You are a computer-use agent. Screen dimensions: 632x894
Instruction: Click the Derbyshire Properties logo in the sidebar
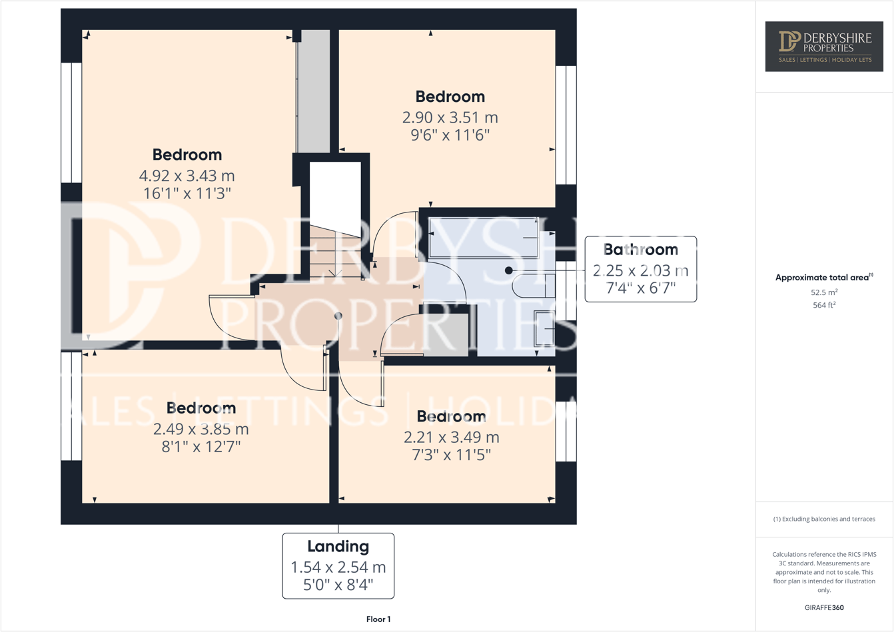point(824,46)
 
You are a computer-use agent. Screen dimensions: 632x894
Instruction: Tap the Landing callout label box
point(338,565)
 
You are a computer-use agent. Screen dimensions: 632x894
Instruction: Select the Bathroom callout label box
point(640,269)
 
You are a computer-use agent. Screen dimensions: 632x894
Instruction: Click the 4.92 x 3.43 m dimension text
point(187,176)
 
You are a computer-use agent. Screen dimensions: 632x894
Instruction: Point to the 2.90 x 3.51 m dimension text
point(450,118)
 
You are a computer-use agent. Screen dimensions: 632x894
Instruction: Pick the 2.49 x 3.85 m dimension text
point(201,429)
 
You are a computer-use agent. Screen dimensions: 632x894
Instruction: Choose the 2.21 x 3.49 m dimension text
point(451,438)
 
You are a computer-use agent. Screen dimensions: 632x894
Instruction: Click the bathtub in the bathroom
point(484,237)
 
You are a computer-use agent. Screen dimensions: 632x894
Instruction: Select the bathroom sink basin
point(544,328)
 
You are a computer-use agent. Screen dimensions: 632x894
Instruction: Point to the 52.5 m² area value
point(824,292)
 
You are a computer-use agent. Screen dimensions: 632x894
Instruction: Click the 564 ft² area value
point(824,305)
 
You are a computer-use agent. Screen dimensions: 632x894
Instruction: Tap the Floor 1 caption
point(378,619)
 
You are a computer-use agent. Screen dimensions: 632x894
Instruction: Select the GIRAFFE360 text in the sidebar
point(824,607)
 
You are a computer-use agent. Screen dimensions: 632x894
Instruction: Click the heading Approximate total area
point(824,278)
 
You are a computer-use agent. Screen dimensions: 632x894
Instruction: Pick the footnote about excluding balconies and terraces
point(824,519)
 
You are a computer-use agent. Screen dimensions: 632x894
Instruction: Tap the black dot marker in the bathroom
point(508,270)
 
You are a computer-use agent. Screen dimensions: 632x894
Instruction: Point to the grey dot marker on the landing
point(338,316)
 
